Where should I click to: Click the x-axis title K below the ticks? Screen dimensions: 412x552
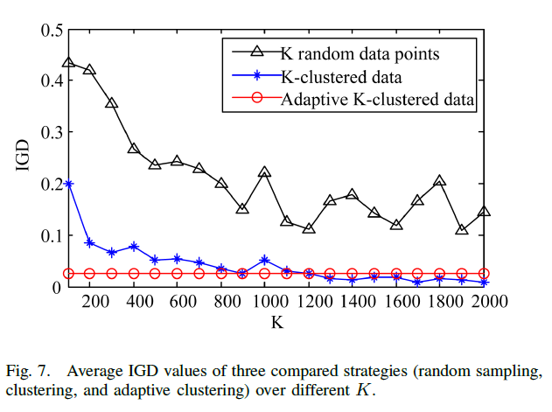276,323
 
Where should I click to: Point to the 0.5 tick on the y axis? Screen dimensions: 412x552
51,30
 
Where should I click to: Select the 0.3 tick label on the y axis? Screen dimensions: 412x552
51,132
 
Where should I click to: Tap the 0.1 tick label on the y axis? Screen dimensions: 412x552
51,235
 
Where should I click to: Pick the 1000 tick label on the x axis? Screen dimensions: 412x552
264,302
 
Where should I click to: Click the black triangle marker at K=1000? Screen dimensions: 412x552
264,173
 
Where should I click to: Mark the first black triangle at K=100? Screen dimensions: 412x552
68,64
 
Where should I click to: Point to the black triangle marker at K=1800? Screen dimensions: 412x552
439,181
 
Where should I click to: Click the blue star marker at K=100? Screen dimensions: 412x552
68,185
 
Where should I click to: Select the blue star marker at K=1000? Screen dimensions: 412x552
264,260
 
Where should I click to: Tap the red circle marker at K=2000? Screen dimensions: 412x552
483,274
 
